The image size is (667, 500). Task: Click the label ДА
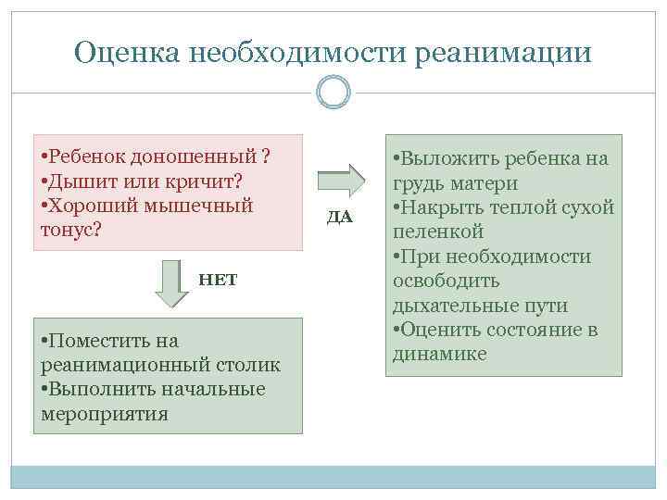click(x=340, y=218)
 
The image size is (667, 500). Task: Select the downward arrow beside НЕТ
click(x=171, y=282)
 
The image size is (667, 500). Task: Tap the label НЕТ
click(x=218, y=280)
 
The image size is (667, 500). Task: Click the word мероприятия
click(x=105, y=413)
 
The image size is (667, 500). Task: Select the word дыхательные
click(x=448, y=305)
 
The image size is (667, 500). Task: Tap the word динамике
click(x=439, y=354)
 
